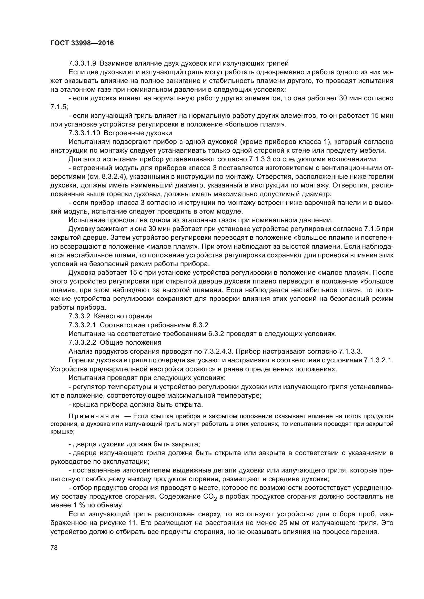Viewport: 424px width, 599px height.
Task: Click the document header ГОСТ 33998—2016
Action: [x=82, y=43]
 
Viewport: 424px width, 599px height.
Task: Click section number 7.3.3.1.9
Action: [x=82, y=64]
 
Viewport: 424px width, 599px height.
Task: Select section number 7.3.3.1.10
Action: [x=84, y=133]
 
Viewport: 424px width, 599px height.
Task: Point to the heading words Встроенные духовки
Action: [x=138, y=133]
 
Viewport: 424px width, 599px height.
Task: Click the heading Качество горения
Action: [x=123, y=316]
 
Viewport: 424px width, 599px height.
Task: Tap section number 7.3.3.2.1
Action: [x=82, y=325]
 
